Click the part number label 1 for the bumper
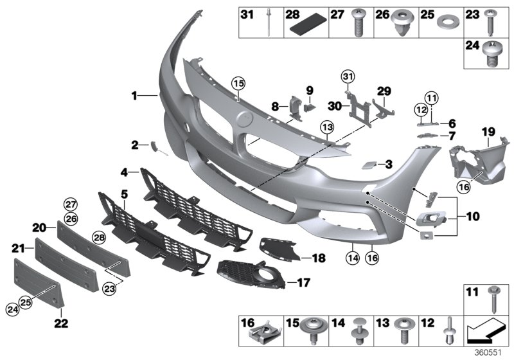tap(135, 96)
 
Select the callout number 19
tap(488, 133)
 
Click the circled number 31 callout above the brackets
tap(348, 78)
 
